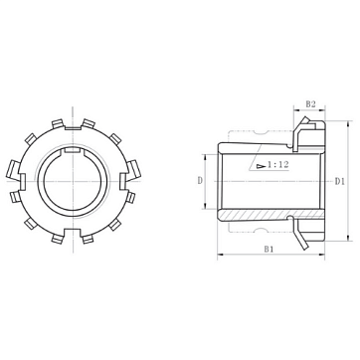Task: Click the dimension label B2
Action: pos(310,104)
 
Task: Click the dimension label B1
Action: pos(269,249)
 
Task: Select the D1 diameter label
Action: pos(340,181)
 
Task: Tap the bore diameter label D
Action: pos(200,181)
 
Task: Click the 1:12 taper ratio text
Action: pos(278,164)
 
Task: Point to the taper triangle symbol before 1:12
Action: pos(261,165)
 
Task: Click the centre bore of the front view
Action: pos(73,181)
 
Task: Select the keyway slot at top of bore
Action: pos(73,150)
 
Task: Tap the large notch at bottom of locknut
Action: pos(73,232)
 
